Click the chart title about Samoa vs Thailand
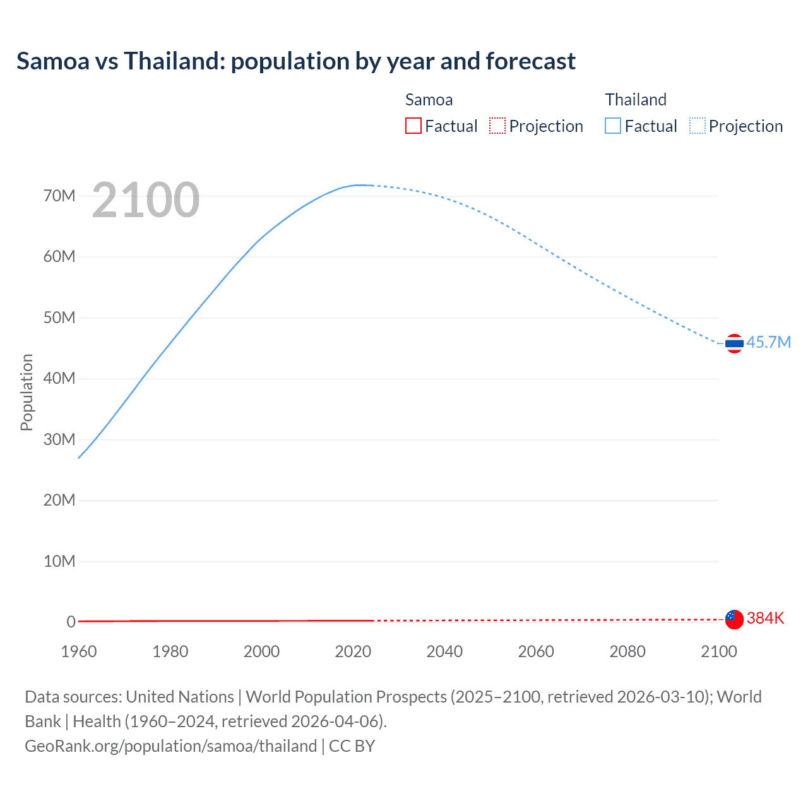click(295, 61)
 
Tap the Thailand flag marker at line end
click(734, 343)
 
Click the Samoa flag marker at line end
click(734, 619)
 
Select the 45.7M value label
click(768, 342)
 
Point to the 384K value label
click(765, 618)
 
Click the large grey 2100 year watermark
click(146, 200)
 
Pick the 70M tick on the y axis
click(59, 196)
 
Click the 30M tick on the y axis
click(59, 439)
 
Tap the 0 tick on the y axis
click(71, 622)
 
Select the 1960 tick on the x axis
click(79, 651)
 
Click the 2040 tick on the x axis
click(444, 651)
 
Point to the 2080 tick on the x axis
click(627, 651)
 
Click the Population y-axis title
click(27, 392)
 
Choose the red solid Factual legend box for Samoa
click(413, 126)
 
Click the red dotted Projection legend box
click(497, 126)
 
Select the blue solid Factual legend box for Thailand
click(612, 126)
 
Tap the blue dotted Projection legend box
click(697, 126)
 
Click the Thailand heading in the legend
click(636, 100)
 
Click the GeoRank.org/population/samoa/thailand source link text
click(170, 746)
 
